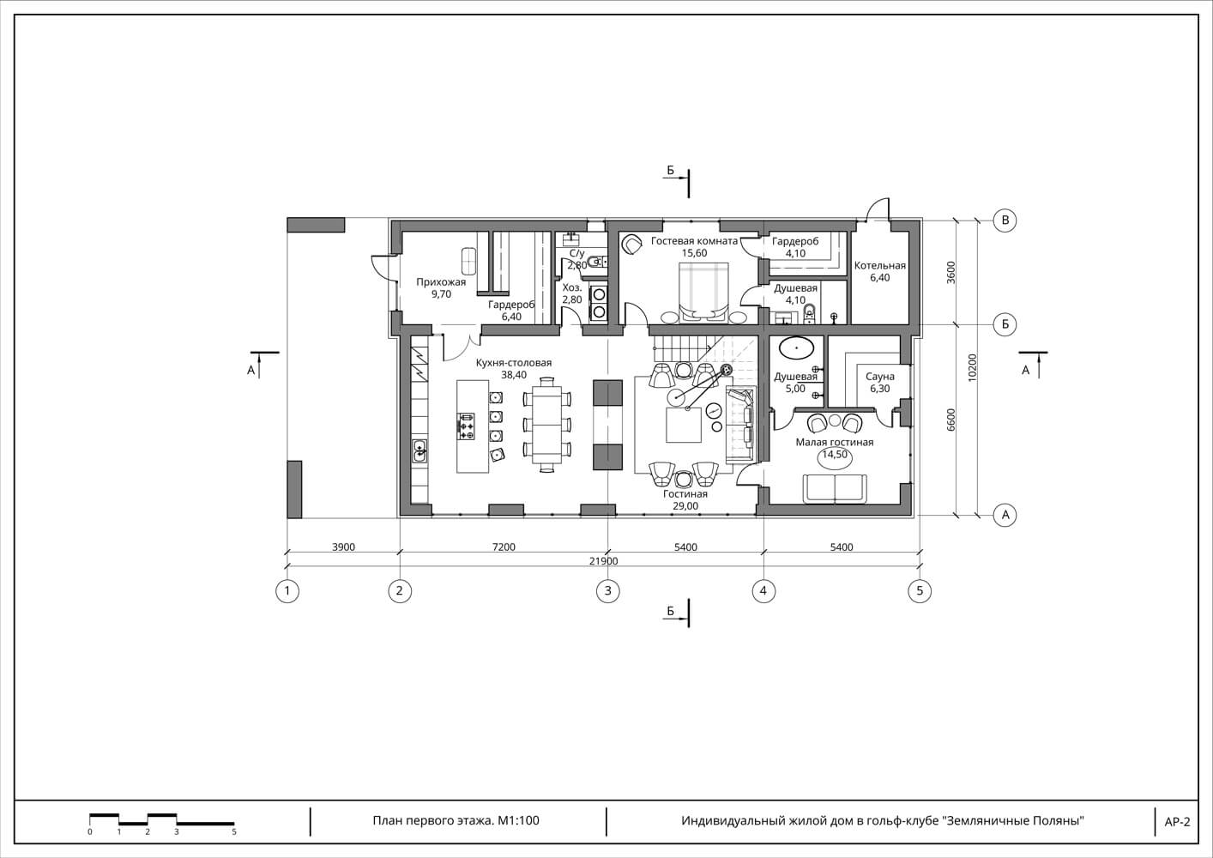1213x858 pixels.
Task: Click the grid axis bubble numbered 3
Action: coord(607,590)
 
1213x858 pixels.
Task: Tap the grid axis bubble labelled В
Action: coord(1005,221)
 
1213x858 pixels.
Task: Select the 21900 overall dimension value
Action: coord(603,561)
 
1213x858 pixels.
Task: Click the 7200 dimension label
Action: coord(504,547)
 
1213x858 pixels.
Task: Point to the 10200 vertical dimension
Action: coord(973,368)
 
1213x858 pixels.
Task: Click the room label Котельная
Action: coord(880,265)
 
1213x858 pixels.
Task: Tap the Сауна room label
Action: coord(880,376)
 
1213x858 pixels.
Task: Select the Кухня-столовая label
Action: coord(514,363)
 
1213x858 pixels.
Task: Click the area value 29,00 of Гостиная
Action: coord(685,506)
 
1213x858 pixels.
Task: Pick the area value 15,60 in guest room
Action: coord(694,253)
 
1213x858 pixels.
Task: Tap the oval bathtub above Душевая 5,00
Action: coord(796,347)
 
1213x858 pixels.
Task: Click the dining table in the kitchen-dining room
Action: coord(547,424)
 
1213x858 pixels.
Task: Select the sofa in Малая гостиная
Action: coord(835,488)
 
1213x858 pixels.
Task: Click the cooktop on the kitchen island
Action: coord(467,426)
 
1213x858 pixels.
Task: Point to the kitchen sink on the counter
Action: coord(419,450)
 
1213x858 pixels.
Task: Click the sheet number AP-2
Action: coord(1177,822)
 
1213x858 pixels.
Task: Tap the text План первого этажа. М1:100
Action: coord(456,820)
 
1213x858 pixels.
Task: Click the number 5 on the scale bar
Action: coord(234,831)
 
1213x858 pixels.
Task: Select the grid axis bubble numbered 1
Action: coord(287,590)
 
